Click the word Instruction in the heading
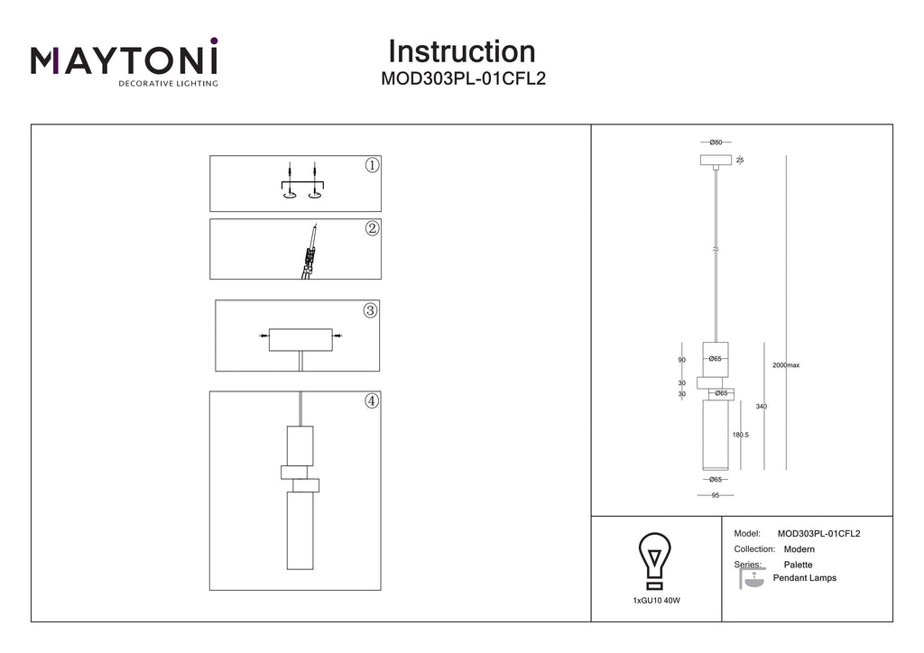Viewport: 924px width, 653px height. [x=462, y=51]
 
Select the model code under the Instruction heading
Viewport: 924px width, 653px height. [x=463, y=78]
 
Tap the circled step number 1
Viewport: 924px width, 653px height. [x=372, y=165]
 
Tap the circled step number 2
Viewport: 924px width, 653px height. [x=372, y=228]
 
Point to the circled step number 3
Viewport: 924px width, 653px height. [x=370, y=310]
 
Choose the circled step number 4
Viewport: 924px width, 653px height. [x=371, y=401]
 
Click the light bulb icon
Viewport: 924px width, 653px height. [x=655, y=561]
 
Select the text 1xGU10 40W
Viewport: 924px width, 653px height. [x=657, y=601]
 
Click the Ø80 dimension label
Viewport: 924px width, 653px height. [x=716, y=143]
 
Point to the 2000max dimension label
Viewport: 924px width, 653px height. [x=786, y=365]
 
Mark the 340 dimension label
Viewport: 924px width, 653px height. [x=762, y=406]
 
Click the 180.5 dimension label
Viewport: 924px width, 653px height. [x=741, y=435]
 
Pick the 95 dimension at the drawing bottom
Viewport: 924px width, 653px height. [x=716, y=495]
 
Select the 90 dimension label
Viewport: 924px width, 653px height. [x=682, y=360]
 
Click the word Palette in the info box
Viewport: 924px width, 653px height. [x=798, y=565]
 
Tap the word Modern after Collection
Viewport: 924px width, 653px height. [x=799, y=549]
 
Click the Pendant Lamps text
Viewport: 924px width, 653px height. [x=804, y=578]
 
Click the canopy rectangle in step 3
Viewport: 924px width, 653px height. [x=300, y=340]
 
